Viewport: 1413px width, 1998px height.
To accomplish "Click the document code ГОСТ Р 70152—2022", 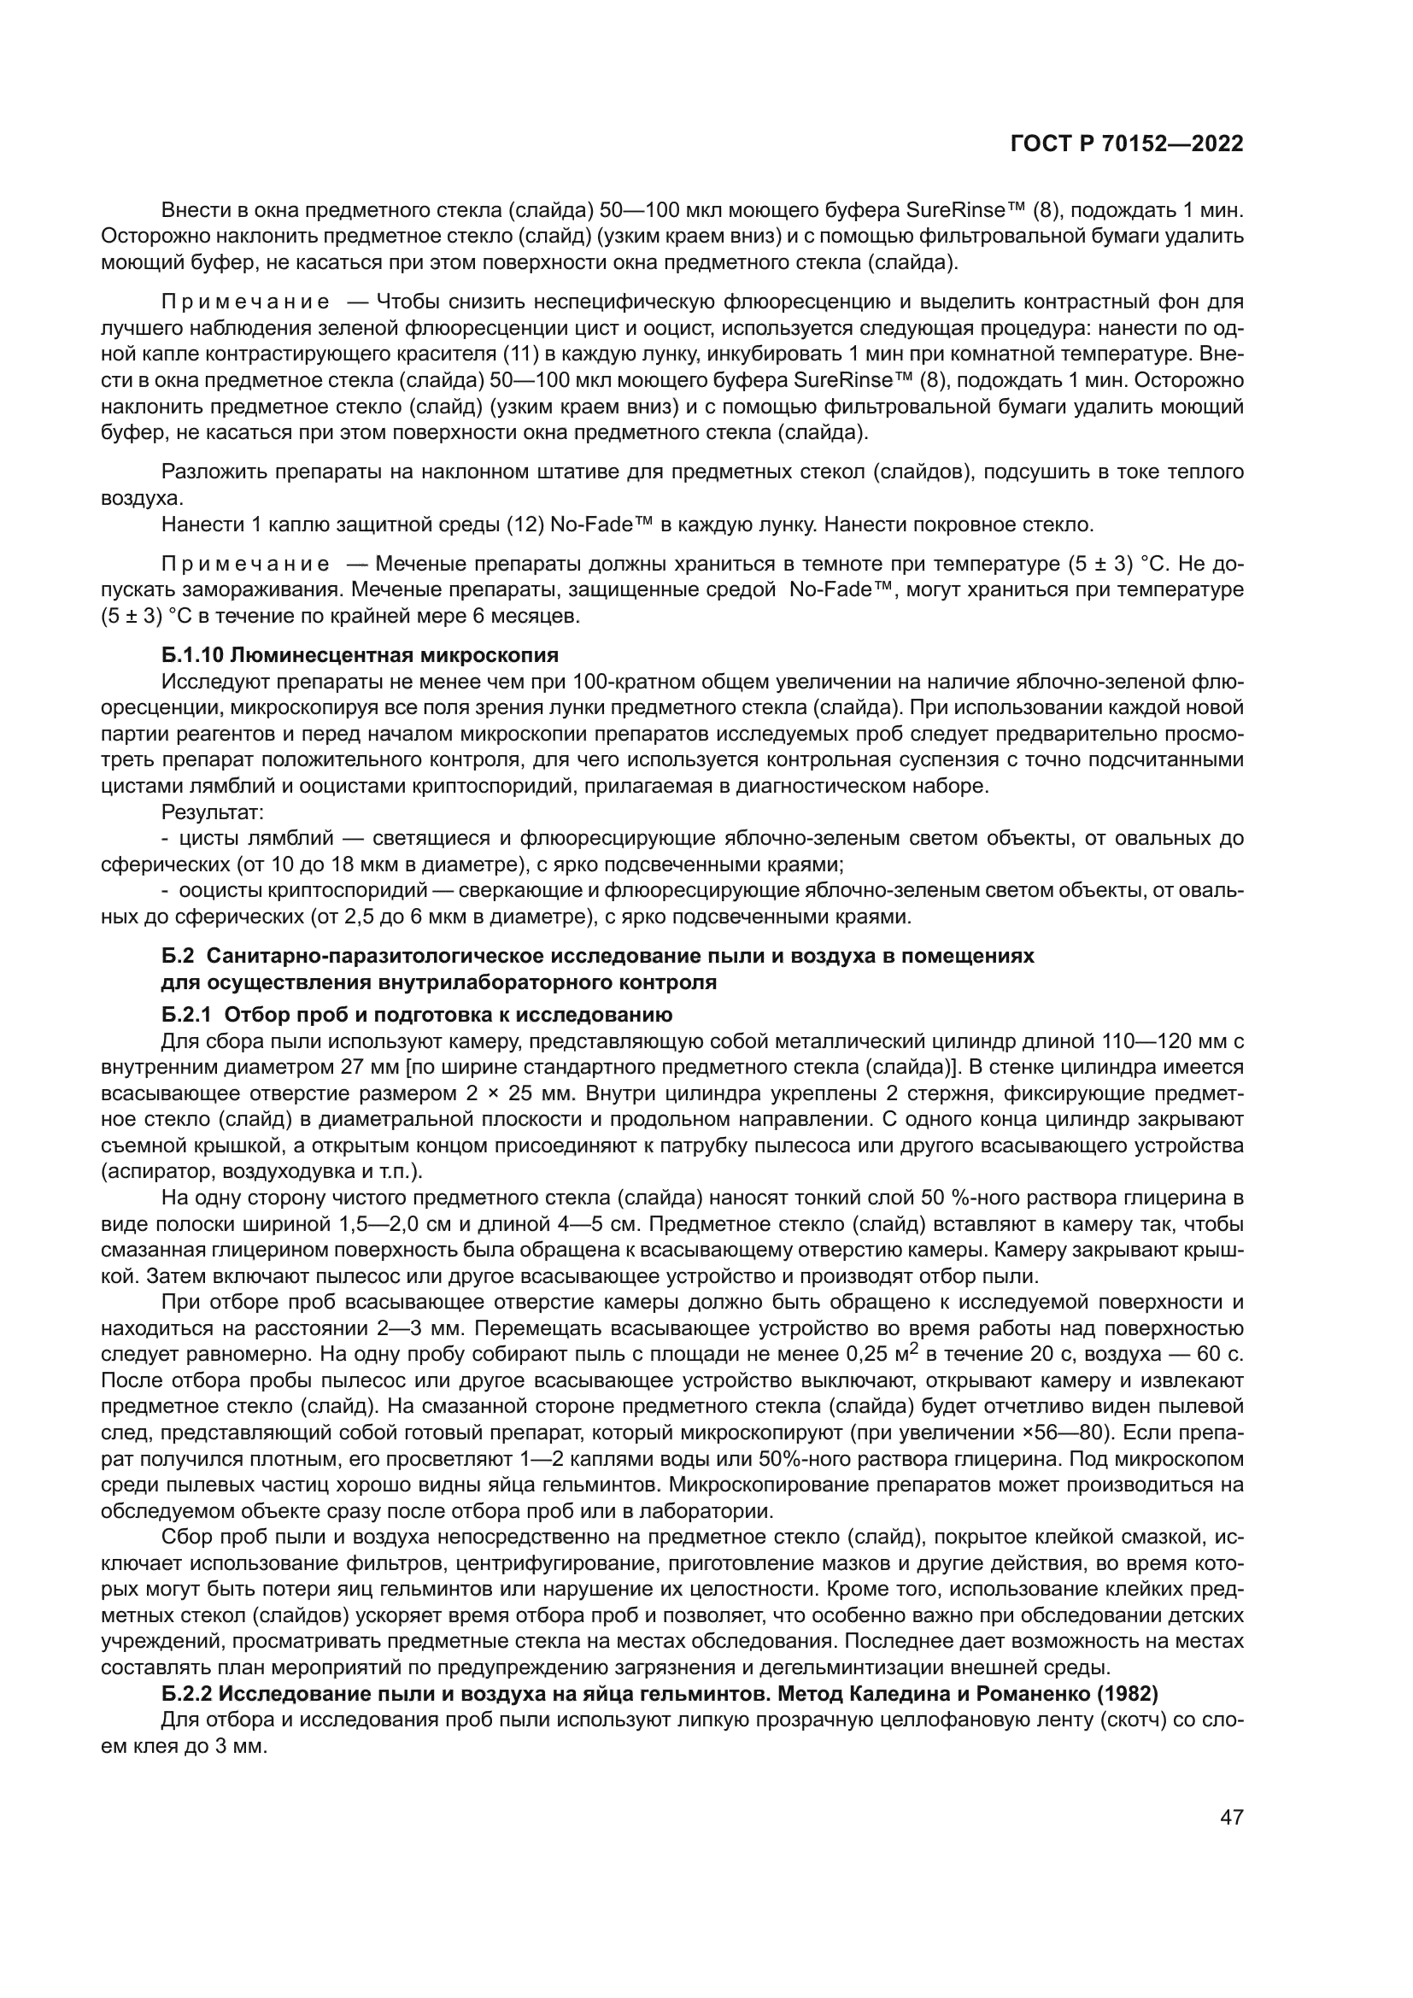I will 1126,144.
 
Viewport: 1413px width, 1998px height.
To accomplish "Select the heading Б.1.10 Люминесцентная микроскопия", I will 361,654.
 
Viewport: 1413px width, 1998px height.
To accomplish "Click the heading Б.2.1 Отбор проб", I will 417,1014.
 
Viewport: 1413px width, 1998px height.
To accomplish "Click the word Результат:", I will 214,812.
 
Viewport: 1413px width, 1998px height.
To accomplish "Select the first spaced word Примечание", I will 245,302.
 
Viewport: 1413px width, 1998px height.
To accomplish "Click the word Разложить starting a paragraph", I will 214,472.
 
